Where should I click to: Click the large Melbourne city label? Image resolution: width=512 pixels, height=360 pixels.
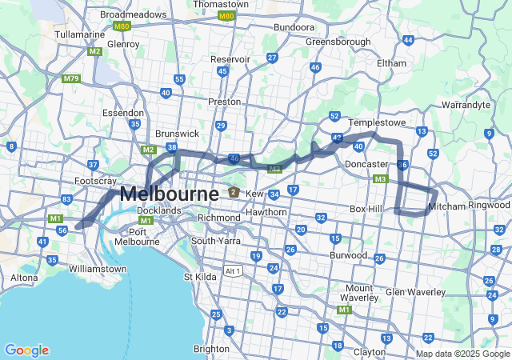(169, 194)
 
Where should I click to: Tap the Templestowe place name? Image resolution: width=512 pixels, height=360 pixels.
(378, 122)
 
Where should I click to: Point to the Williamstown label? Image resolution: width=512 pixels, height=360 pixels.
(98, 269)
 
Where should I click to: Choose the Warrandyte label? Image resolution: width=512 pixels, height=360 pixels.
(466, 105)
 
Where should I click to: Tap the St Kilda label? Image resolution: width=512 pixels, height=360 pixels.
(201, 277)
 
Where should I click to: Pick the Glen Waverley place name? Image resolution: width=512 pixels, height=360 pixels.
(415, 292)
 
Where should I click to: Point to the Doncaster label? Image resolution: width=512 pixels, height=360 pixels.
(366, 164)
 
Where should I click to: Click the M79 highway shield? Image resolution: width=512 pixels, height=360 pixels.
(70, 79)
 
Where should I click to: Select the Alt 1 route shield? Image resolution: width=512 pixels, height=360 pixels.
(232, 270)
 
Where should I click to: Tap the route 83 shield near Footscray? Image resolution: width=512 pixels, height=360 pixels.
(66, 199)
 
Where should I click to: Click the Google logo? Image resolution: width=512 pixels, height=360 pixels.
(26, 350)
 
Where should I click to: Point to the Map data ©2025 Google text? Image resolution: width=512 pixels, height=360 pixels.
(462, 354)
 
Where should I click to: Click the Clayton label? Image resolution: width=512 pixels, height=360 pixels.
(370, 351)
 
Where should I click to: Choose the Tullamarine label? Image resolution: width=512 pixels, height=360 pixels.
(80, 34)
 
